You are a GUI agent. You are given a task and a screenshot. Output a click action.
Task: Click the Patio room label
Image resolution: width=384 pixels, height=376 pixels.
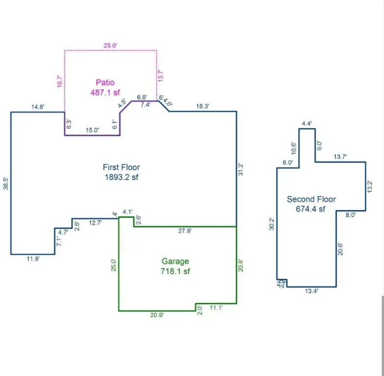click(105, 83)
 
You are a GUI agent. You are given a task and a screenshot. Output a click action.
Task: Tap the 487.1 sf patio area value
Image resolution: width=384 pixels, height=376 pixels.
click(105, 92)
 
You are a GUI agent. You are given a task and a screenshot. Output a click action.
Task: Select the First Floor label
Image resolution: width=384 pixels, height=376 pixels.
click(121, 167)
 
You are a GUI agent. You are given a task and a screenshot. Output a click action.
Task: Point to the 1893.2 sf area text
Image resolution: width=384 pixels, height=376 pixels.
click(121, 177)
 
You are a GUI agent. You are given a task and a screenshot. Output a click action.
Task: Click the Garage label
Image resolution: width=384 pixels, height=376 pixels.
click(175, 261)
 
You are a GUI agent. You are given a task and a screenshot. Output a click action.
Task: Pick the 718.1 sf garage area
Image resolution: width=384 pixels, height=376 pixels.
click(175, 271)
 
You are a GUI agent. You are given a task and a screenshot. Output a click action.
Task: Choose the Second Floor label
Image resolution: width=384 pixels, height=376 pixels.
click(311, 199)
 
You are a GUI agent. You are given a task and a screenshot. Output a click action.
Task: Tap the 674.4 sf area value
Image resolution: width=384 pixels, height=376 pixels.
click(311, 209)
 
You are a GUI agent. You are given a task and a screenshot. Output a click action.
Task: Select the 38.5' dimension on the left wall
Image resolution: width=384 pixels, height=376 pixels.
click(6, 183)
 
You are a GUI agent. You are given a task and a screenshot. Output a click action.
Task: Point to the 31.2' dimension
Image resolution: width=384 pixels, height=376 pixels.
click(240, 169)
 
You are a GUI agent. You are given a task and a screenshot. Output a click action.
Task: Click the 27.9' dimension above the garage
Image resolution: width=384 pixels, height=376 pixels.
click(185, 231)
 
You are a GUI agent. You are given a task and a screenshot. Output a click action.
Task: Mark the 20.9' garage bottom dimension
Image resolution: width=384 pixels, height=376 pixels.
click(157, 315)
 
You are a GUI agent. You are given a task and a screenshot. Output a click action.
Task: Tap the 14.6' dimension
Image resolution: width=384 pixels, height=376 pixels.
click(38, 107)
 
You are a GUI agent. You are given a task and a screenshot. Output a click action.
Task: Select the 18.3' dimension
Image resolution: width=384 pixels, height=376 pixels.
click(203, 106)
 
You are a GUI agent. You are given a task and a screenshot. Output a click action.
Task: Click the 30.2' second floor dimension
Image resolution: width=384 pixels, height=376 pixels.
click(272, 223)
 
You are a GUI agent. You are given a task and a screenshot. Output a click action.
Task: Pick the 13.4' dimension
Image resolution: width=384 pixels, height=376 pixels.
click(312, 291)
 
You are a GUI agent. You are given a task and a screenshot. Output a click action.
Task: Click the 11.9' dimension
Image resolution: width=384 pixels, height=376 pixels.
click(33, 259)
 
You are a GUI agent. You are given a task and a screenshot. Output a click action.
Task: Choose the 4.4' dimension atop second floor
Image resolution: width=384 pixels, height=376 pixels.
click(307, 123)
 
